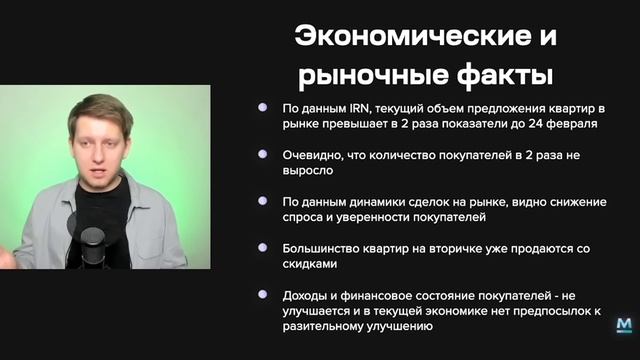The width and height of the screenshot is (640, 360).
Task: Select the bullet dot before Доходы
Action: (x=262, y=295)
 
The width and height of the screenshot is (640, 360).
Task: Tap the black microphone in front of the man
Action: (x=92, y=245)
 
